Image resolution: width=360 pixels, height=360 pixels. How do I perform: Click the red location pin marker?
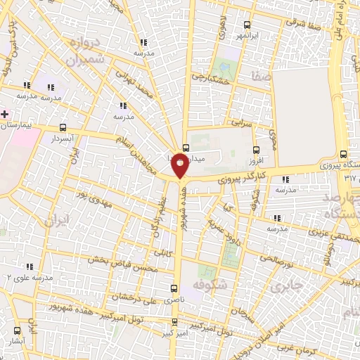tap(180, 167)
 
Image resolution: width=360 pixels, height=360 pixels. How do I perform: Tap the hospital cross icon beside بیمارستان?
tap(5, 113)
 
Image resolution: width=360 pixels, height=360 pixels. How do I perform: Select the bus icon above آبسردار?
tap(63, 128)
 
